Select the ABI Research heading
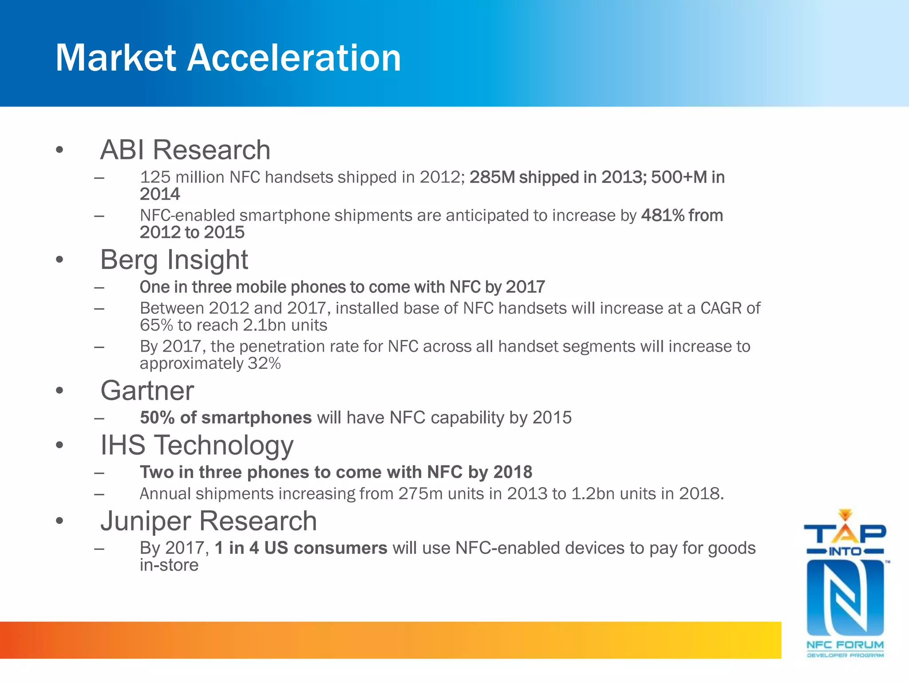(x=185, y=150)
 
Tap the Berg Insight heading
(x=174, y=259)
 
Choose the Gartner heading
(x=147, y=391)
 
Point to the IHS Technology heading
(x=197, y=445)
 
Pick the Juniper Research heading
(x=209, y=521)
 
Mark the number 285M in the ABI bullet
(x=492, y=177)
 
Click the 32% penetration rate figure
(x=264, y=364)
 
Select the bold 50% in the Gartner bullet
(x=157, y=418)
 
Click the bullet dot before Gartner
(x=59, y=391)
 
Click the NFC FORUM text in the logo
(x=845, y=645)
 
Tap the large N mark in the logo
(x=845, y=597)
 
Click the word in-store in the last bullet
(x=169, y=565)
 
